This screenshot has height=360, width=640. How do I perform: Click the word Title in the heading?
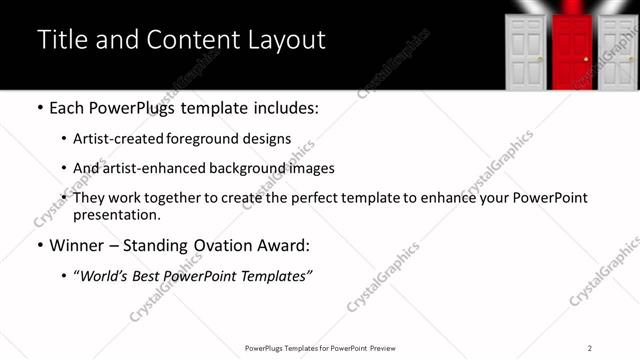point(60,40)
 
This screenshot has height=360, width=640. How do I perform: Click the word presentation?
point(116,214)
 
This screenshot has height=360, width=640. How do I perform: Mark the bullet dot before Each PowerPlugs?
point(39,108)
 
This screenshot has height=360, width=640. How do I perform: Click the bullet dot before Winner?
point(39,246)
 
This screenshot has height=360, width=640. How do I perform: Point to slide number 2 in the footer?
point(590,347)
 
